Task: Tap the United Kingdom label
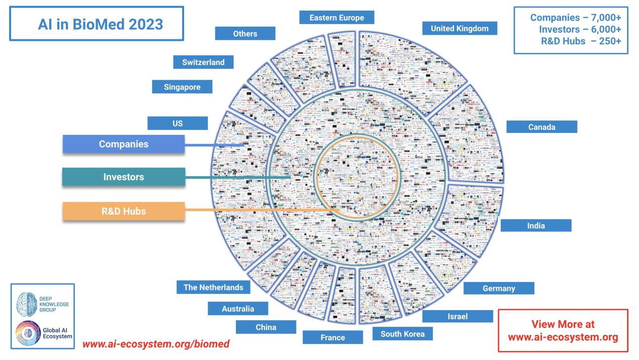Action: [x=459, y=29]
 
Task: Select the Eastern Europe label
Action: [x=337, y=17]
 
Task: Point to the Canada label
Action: [x=541, y=127]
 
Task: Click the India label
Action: [x=536, y=226]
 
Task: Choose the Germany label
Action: [x=499, y=289]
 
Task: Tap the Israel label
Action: [x=457, y=316]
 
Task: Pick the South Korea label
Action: [x=403, y=334]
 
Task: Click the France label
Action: [x=333, y=337]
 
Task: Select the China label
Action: [x=266, y=328]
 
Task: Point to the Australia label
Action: [x=238, y=309]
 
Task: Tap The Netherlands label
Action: [x=213, y=287]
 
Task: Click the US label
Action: [x=178, y=123]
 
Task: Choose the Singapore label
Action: [x=182, y=87]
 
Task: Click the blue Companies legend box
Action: [x=124, y=144]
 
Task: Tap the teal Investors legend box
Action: [x=124, y=177]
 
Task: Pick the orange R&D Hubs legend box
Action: [x=124, y=211]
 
